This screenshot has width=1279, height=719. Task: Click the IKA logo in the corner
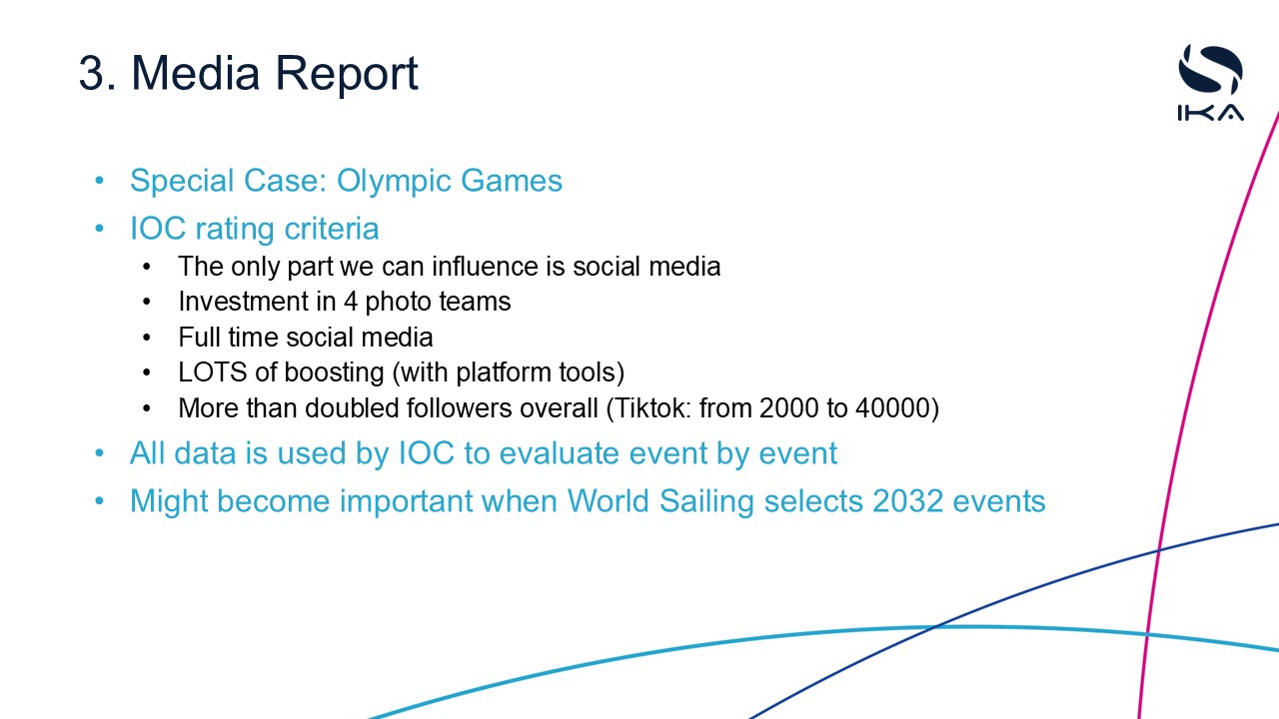coord(1210,83)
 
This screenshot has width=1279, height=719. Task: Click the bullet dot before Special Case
coord(99,182)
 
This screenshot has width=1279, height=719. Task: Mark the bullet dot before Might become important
coord(99,501)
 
